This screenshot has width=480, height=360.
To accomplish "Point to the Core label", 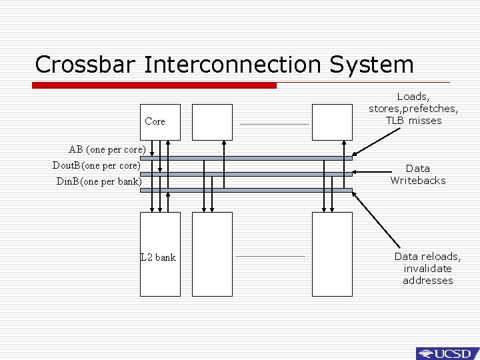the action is [155, 122].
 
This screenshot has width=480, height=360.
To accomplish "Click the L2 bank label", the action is [159, 257].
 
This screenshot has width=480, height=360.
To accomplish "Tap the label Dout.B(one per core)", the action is [97, 165].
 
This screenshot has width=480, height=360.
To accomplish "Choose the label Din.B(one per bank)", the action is [99, 181].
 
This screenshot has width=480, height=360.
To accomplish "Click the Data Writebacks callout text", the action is [417, 174].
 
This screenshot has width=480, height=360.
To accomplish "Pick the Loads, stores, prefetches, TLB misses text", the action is [413, 109].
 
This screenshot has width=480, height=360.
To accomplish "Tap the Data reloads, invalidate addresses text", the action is [427, 268].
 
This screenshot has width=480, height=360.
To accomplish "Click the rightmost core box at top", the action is [332, 122].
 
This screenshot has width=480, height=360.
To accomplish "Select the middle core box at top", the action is [212, 122].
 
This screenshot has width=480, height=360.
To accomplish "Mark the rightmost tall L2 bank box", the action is [332, 253].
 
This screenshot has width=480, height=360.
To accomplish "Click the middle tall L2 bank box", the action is [212, 253].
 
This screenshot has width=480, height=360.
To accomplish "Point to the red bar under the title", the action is [154, 85].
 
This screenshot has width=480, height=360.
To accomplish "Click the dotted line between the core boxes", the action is [274, 124].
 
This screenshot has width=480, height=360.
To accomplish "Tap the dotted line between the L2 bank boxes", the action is [270, 256].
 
